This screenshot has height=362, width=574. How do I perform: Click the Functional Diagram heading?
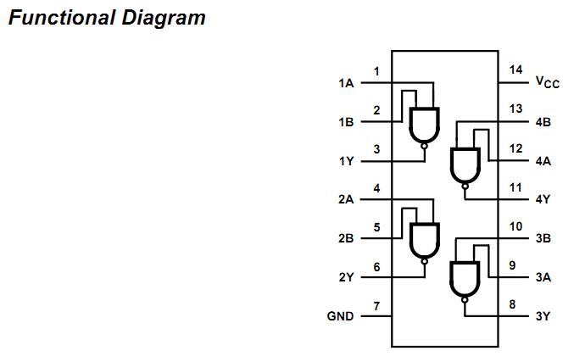[107, 18]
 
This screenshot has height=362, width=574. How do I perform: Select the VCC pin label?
[547, 82]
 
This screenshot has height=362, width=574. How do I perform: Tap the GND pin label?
[340, 316]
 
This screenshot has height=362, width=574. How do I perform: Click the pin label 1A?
[345, 83]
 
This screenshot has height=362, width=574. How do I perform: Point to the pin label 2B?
[345, 238]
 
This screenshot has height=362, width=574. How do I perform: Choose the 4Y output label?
[543, 199]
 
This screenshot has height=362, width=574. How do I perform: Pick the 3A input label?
[543, 277]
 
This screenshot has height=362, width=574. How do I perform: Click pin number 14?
[515, 70]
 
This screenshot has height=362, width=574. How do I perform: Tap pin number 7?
[376, 304]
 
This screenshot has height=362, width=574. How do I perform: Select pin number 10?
[515, 226]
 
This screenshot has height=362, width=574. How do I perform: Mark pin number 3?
[376, 148]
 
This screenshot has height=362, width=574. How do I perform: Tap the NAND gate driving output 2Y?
[425, 241]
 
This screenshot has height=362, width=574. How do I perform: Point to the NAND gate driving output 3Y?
[465, 279]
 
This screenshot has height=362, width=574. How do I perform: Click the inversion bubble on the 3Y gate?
[465, 299]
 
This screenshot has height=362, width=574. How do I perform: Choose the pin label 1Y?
[345, 161]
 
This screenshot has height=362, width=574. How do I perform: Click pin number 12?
[515, 148]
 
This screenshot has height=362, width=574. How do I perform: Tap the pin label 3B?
[543, 238]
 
